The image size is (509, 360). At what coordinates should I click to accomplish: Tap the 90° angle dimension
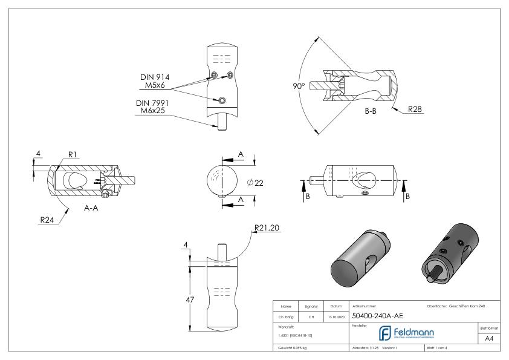pos(298,86)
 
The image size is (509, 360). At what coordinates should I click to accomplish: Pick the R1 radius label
pos(72,155)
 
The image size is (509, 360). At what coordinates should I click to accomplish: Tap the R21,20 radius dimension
pos(268,227)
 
